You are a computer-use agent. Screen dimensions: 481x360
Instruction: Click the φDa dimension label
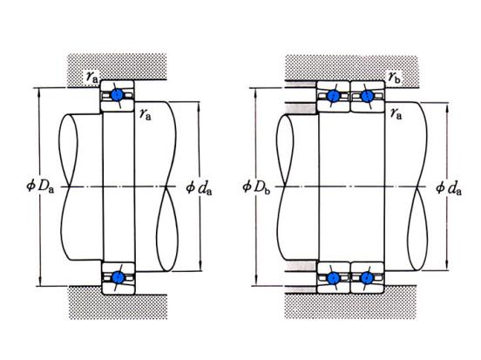(40, 186)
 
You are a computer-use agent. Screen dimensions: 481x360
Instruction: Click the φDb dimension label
(256, 187)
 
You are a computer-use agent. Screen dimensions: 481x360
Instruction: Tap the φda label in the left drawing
(199, 188)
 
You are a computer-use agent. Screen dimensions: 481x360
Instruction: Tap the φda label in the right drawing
(449, 188)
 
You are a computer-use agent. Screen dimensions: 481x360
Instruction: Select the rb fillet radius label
(395, 77)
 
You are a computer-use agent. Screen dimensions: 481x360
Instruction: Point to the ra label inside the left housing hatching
(91, 77)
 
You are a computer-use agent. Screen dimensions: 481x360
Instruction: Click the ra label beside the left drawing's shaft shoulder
(146, 114)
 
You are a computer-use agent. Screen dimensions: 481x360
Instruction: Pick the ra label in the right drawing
(396, 114)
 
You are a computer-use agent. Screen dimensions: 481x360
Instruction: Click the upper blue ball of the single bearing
(117, 95)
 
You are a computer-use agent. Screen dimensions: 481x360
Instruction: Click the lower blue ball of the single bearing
(118, 277)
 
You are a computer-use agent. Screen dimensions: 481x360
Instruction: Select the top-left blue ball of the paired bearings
(333, 96)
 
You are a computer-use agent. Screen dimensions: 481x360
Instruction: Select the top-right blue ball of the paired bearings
(367, 96)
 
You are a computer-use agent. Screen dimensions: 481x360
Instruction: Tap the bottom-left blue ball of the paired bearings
(333, 278)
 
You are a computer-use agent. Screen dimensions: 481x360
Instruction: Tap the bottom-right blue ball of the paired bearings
(367, 278)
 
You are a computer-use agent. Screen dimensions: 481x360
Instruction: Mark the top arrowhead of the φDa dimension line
(39, 92)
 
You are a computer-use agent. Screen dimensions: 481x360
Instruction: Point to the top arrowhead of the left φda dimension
(199, 106)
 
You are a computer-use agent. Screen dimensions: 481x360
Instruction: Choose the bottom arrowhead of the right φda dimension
(447, 266)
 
